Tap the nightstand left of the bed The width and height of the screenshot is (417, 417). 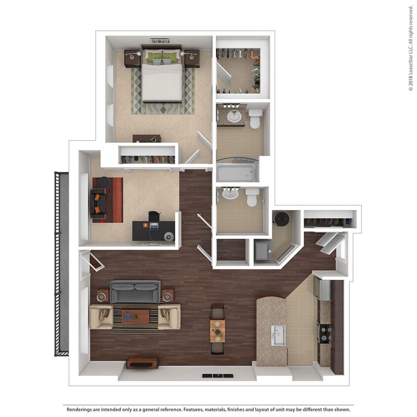(132, 58)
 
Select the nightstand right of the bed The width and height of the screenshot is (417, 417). (192, 58)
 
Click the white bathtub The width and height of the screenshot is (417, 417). (236, 173)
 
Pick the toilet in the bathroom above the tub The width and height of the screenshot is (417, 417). (255, 119)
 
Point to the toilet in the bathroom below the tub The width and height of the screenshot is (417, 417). (252, 197)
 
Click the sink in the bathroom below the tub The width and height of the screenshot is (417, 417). (230, 194)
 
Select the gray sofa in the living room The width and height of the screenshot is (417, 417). (135, 292)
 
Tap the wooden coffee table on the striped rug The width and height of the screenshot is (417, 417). (135, 316)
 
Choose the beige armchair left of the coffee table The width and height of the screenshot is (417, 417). (101, 316)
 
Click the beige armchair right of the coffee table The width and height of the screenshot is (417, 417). (169, 316)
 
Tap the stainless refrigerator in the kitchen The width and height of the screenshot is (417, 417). (324, 290)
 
